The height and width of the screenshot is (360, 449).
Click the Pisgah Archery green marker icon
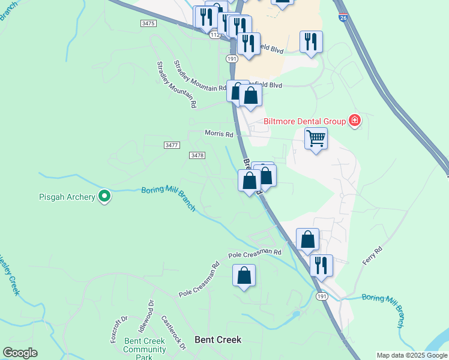point(104,196)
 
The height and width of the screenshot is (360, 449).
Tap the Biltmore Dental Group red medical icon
point(355,121)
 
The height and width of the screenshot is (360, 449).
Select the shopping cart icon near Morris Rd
point(316,139)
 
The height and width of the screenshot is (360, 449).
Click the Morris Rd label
point(218,134)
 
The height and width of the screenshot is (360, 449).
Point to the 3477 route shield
point(172,145)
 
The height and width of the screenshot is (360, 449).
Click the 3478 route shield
point(197,155)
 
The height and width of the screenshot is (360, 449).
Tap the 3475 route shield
point(148,23)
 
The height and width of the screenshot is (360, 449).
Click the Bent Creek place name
point(218,340)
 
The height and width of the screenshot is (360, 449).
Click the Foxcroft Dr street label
point(116,329)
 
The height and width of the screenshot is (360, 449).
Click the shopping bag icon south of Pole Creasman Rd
point(244,276)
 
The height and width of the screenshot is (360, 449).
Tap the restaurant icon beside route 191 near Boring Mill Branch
point(322,265)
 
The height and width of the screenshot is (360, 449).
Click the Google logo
point(19,353)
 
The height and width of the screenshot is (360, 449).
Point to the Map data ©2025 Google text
point(412,355)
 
